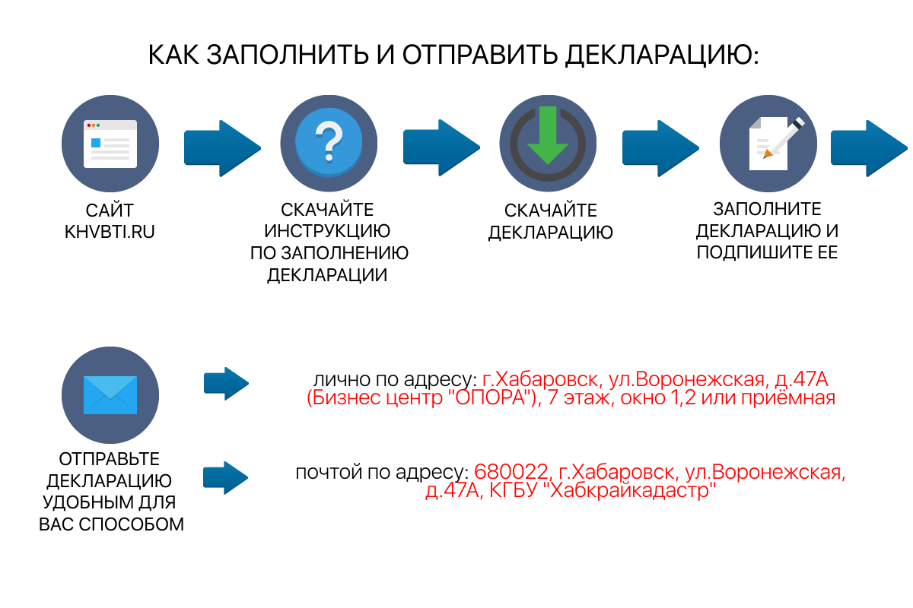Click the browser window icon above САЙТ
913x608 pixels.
(110, 144)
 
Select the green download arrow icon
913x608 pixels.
(548, 137)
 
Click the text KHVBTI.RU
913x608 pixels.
(110, 232)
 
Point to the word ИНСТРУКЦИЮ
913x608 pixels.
(329, 230)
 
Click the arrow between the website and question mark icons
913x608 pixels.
(221, 147)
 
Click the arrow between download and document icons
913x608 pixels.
(660, 147)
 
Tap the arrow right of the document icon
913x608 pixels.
(867, 147)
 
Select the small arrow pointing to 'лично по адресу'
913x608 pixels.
(226, 383)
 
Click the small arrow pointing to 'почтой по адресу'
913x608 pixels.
(226, 477)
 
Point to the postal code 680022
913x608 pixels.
(510, 473)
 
